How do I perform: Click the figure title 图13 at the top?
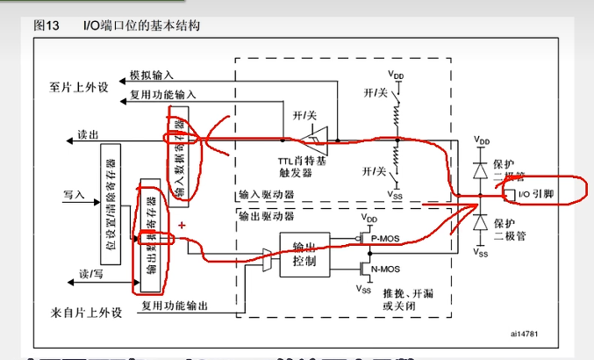coord(46,25)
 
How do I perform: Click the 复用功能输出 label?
coord(175,306)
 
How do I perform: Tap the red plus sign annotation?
coord(182,227)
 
